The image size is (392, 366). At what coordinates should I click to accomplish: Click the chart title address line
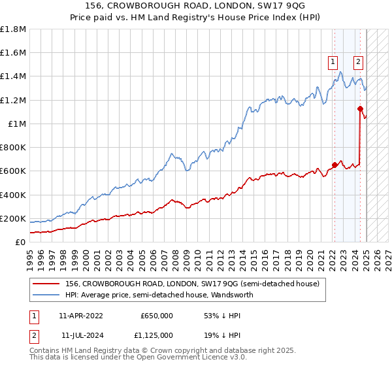pyautogui.click(x=196, y=5)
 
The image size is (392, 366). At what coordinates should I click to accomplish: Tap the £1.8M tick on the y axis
pyautogui.click(x=13, y=29)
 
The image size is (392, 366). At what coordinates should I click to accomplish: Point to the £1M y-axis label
pyautogui.click(x=17, y=124)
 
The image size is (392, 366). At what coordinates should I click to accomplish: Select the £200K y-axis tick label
pyautogui.click(x=13, y=218)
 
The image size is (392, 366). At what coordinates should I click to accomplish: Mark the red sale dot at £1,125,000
pyautogui.click(x=360, y=108)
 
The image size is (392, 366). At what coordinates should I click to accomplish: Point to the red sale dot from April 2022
pyautogui.click(x=335, y=165)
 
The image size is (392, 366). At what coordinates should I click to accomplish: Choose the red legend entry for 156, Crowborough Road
pyautogui.click(x=191, y=284)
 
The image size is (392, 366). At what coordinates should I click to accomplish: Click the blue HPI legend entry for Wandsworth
pyautogui.click(x=159, y=295)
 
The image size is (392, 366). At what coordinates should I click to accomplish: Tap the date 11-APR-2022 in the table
pyautogui.click(x=80, y=315)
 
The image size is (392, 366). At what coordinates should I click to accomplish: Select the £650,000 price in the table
pyautogui.click(x=156, y=315)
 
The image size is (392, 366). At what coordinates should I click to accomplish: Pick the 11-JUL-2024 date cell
pyautogui.click(x=80, y=336)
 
